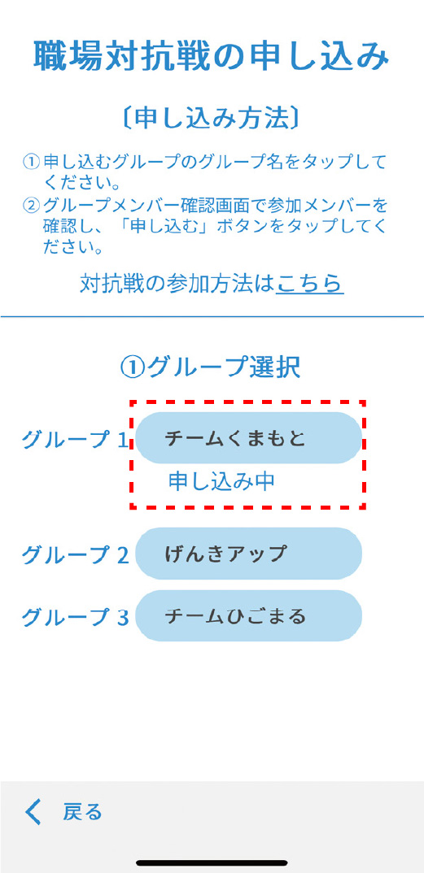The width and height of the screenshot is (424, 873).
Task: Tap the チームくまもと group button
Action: click(248, 438)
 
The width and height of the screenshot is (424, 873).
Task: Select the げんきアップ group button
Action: click(248, 554)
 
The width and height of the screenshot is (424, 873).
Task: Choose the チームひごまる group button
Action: click(248, 616)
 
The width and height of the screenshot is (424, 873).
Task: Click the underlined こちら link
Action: click(310, 284)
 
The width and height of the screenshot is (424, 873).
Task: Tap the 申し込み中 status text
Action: click(221, 481)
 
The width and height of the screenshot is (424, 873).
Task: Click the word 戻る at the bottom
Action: click(82, 812)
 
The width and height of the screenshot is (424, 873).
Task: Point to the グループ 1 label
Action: click(75, 440)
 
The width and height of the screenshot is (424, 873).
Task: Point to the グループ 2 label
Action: click(75, 554)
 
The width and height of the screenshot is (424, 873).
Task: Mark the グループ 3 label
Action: click(75, 617)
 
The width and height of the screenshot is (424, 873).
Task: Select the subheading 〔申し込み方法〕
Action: click(212, 118)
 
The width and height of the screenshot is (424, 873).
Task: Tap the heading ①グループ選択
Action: click(211, 367)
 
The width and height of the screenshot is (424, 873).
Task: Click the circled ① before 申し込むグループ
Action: click(31, 163)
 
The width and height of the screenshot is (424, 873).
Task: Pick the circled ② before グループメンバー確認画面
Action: click(31, 205)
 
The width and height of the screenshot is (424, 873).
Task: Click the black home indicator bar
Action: click(212, 862)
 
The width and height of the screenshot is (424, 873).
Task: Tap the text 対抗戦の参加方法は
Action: click(177, 284)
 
